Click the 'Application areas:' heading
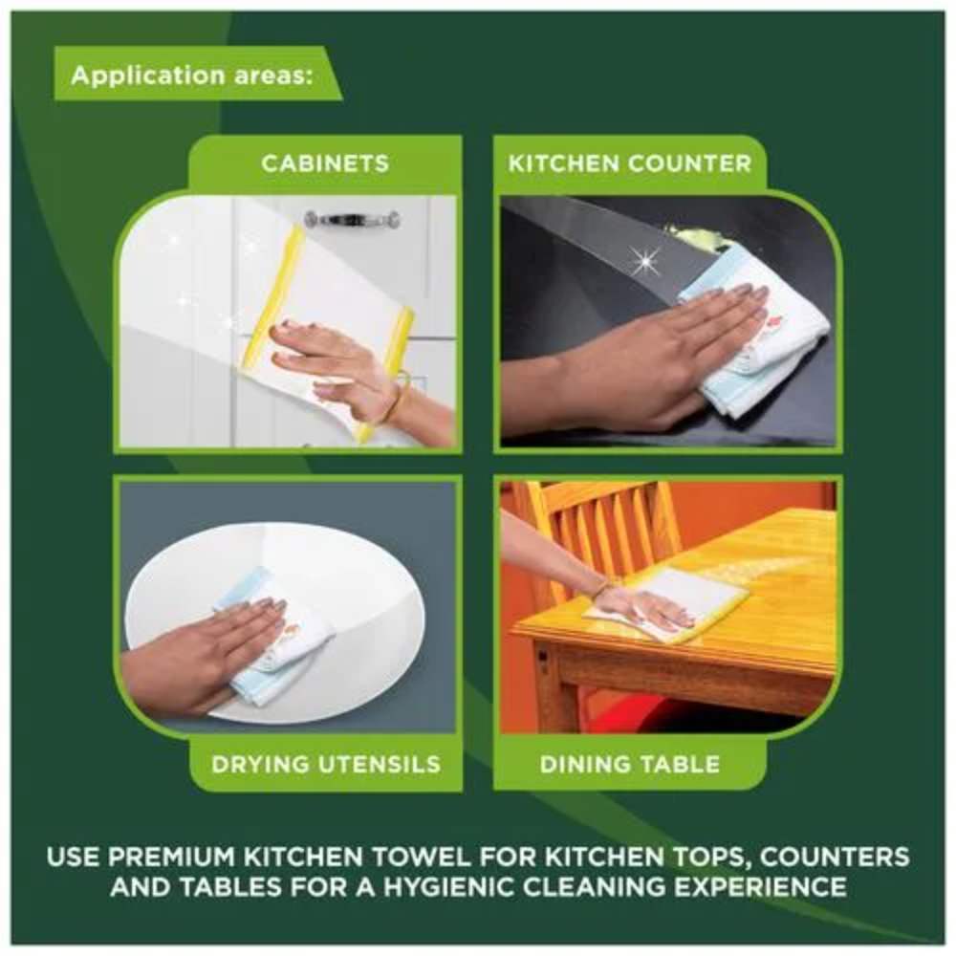(x=192, y=76)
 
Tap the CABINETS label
(x=325, y=163)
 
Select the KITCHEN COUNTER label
(x=630, y=163)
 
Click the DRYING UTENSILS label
(x=326, y=764)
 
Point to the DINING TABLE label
(x=630, y=764)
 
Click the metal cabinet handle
(x=353, y=218)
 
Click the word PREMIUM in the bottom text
(x=171, y=857)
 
